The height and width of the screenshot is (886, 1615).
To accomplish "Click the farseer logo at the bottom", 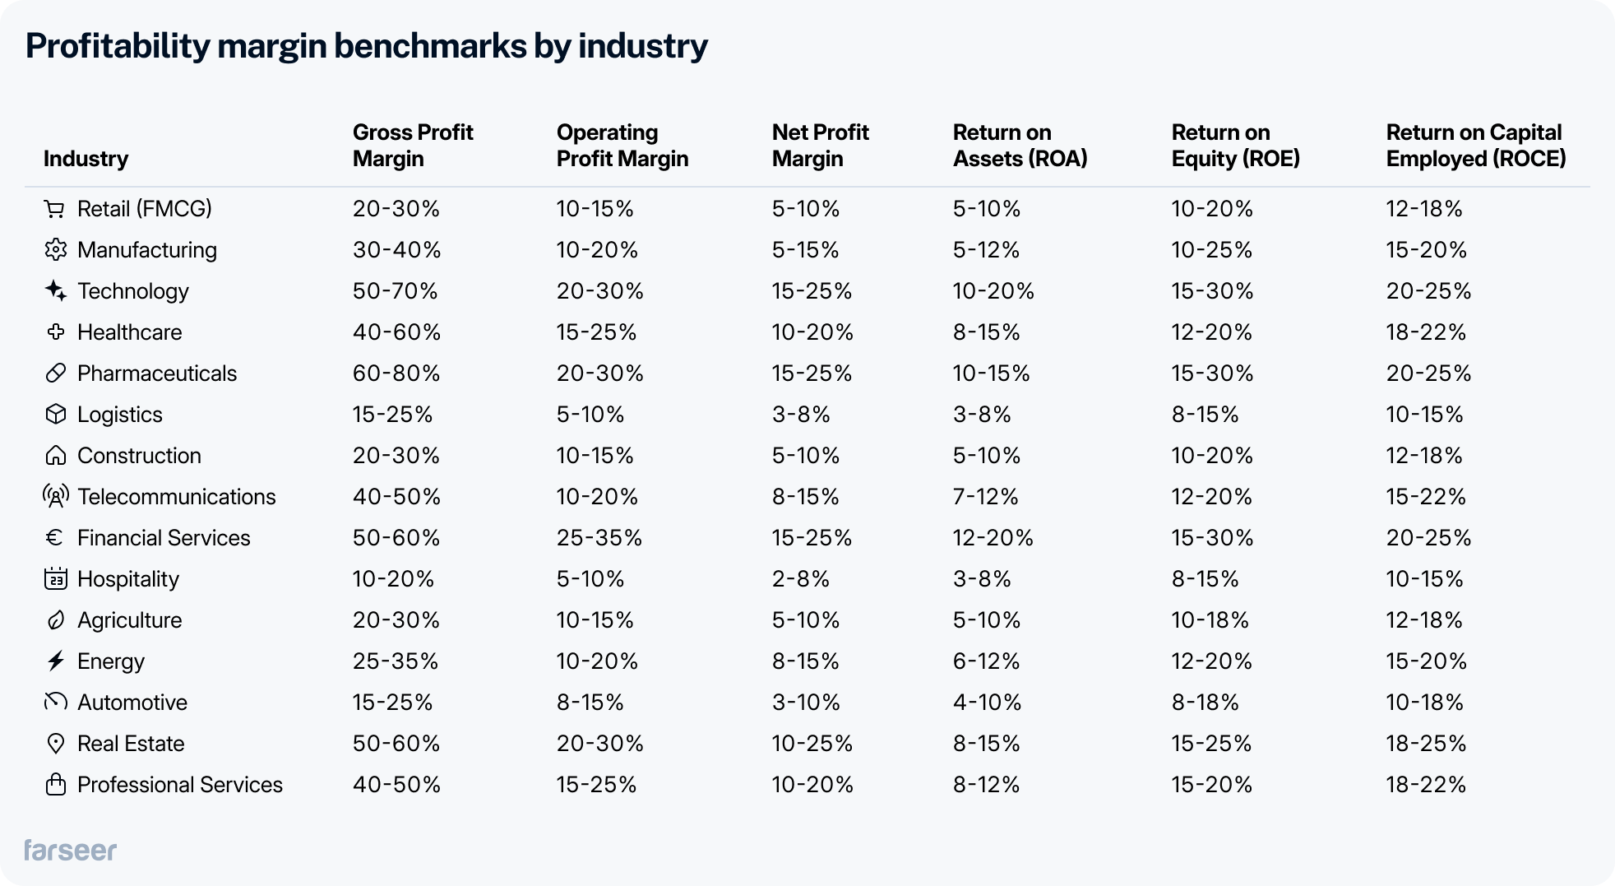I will [x=70, y=850].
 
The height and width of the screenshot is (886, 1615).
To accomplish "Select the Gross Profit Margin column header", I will [x=413, y=146].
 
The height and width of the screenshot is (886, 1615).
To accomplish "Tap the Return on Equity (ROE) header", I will [x=1235, y=146].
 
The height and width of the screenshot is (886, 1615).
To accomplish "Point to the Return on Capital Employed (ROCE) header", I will [x=1475, y=146].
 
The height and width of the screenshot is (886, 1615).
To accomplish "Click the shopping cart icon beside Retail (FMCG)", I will [x=54, y=209].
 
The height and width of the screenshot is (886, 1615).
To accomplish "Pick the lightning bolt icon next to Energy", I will [x=55, y=661].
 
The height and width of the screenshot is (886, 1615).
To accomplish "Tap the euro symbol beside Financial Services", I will [x=54, y=538].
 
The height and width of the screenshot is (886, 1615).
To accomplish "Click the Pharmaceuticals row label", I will [x=156, y=373].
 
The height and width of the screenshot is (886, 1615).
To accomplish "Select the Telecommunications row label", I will [x=176, y=497].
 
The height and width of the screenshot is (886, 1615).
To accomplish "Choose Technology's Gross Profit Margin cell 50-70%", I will [x=396, y=291].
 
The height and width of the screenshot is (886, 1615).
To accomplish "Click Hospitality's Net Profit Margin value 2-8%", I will [x=800, y=579].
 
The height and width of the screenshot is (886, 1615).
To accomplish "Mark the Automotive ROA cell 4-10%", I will [x=987, y=703].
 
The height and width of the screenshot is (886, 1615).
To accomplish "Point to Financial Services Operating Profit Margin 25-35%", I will [x=599, y=538].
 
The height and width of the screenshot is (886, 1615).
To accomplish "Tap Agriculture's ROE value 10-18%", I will [x=1210, y=620].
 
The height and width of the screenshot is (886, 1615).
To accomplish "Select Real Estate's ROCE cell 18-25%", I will [x=1426, y=744].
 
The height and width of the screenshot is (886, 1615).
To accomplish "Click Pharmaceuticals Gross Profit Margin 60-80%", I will [x=396, y=373].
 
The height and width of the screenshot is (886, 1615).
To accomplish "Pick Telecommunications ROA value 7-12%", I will [x=985, y=497].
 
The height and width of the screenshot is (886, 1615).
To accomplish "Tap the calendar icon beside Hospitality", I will [x=55, y=579].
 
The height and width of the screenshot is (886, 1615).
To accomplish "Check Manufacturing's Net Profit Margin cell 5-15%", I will [x=805, y=250].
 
